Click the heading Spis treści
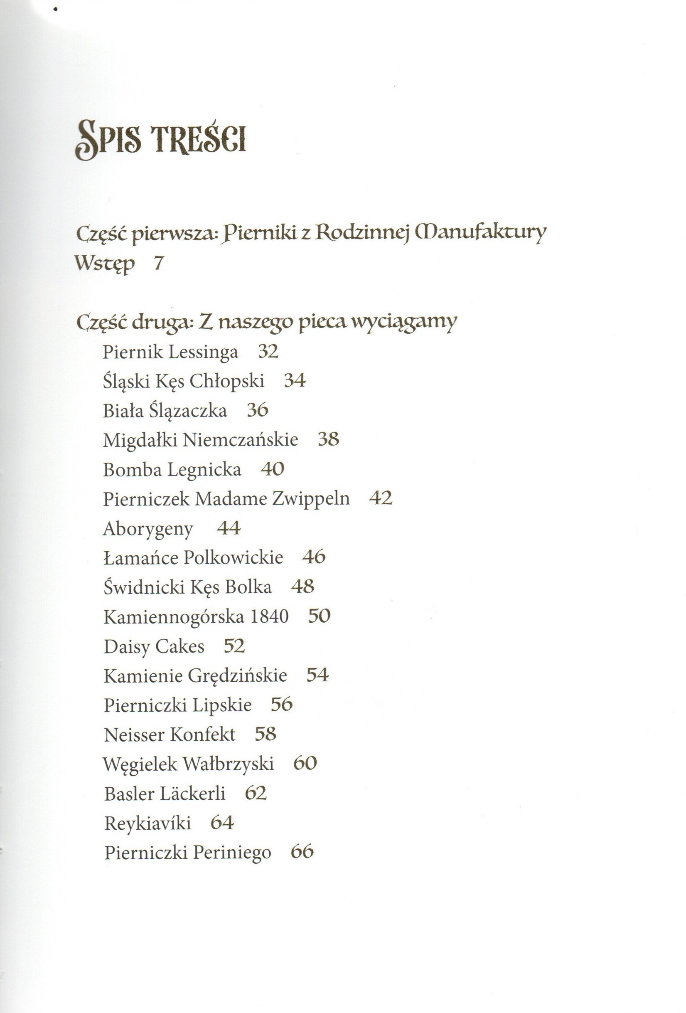(x=161, y=138)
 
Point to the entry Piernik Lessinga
(x=170, y=352)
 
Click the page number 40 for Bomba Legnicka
(x=273, y=469)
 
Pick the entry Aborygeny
(x=148, y=529)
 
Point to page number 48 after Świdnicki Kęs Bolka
(x=302, y=586)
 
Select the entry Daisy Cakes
(x=154, y=646)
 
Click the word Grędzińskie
(x=238, y=675)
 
